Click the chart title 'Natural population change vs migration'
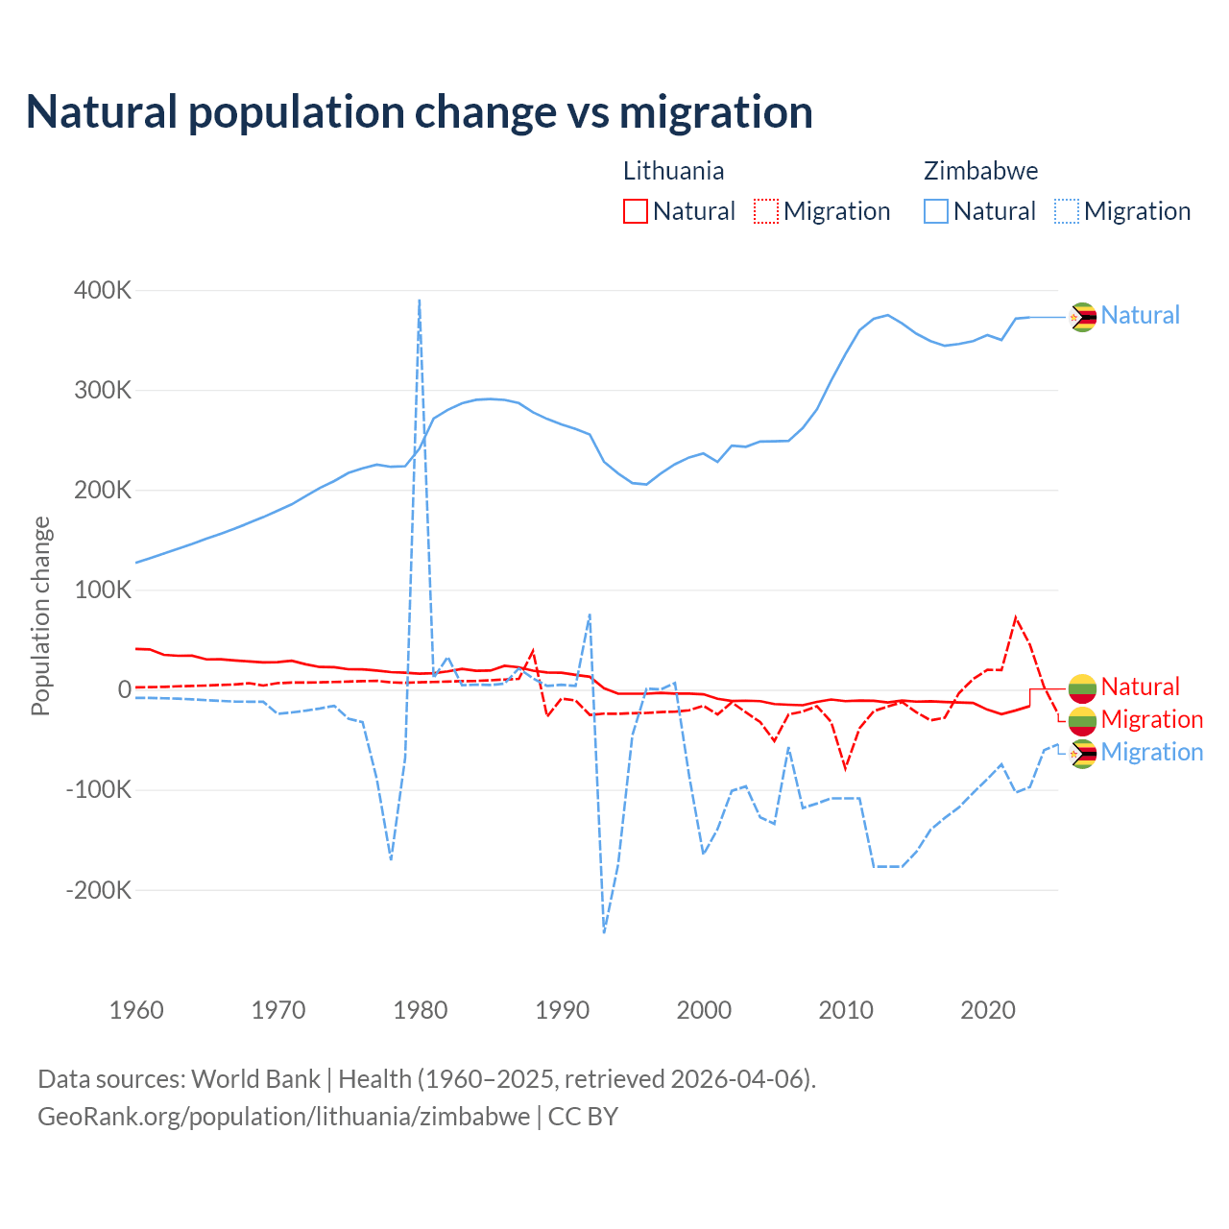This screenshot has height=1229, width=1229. [420, 111]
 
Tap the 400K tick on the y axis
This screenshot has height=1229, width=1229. [103, 290]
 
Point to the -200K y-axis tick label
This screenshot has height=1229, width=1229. [99, 890]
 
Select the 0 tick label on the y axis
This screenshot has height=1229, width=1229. [124, 689]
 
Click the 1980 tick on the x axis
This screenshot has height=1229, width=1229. [421, 1010]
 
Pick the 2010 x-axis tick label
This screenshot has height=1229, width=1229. [846, 1010]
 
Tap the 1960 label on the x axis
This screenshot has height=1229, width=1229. [137, 1010]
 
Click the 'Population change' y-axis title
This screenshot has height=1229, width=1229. [40, 615]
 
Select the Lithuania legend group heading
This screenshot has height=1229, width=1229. [673, 171]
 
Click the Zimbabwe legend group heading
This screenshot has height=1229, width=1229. [980, 171]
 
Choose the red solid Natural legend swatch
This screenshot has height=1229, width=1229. [636, 211]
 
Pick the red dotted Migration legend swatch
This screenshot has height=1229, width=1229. [766, 211]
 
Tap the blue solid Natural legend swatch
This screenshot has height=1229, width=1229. [936, 211]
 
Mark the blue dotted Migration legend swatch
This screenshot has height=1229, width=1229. [1067, 211]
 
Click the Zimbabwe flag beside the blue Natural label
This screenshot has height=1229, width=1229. [1083, 316]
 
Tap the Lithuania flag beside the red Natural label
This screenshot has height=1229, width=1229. [1083, 687]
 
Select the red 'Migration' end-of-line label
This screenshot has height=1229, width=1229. [1151, 719]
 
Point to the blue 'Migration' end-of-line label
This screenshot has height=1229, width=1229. [1151, 752]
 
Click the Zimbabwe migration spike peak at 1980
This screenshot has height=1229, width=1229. [420, 301]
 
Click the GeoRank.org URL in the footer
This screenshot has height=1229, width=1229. [284, 1117]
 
